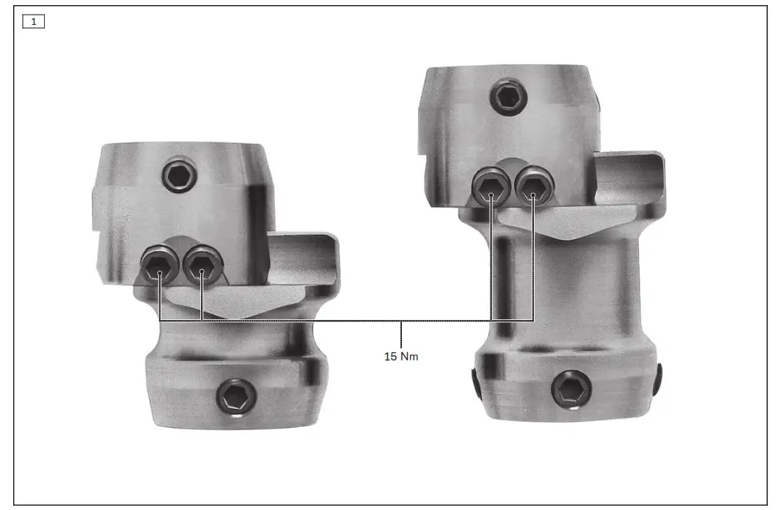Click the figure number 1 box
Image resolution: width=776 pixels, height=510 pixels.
click(34, 21)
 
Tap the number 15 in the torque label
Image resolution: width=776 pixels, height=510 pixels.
click(391, 357)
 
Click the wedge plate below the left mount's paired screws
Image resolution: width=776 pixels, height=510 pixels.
click(235, 301)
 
